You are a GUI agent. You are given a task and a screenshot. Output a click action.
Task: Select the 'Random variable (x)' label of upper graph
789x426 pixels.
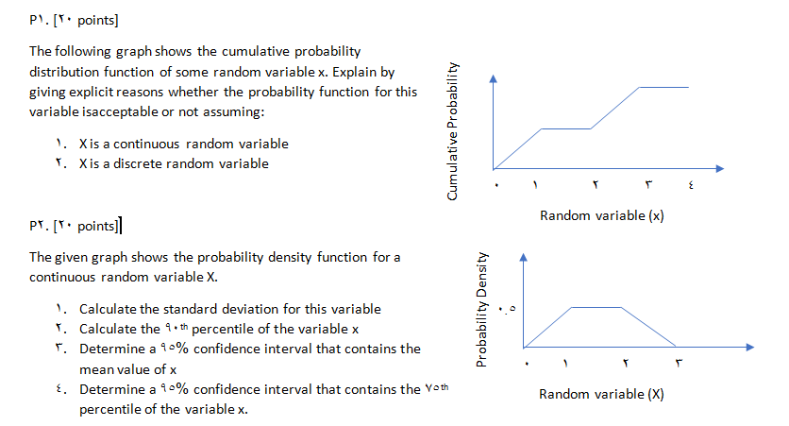click(601, 215)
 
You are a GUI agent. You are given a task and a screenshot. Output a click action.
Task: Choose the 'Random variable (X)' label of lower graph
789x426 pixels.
click(600, 394)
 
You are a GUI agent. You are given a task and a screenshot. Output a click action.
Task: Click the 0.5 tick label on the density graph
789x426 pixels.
click(510, 309)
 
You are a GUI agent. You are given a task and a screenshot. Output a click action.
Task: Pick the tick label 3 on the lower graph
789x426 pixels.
click(677, 365)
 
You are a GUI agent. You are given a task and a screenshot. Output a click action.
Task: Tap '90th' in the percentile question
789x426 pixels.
click(176, 328)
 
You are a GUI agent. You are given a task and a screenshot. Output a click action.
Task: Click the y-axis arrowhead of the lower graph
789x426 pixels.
click(525, 256)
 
